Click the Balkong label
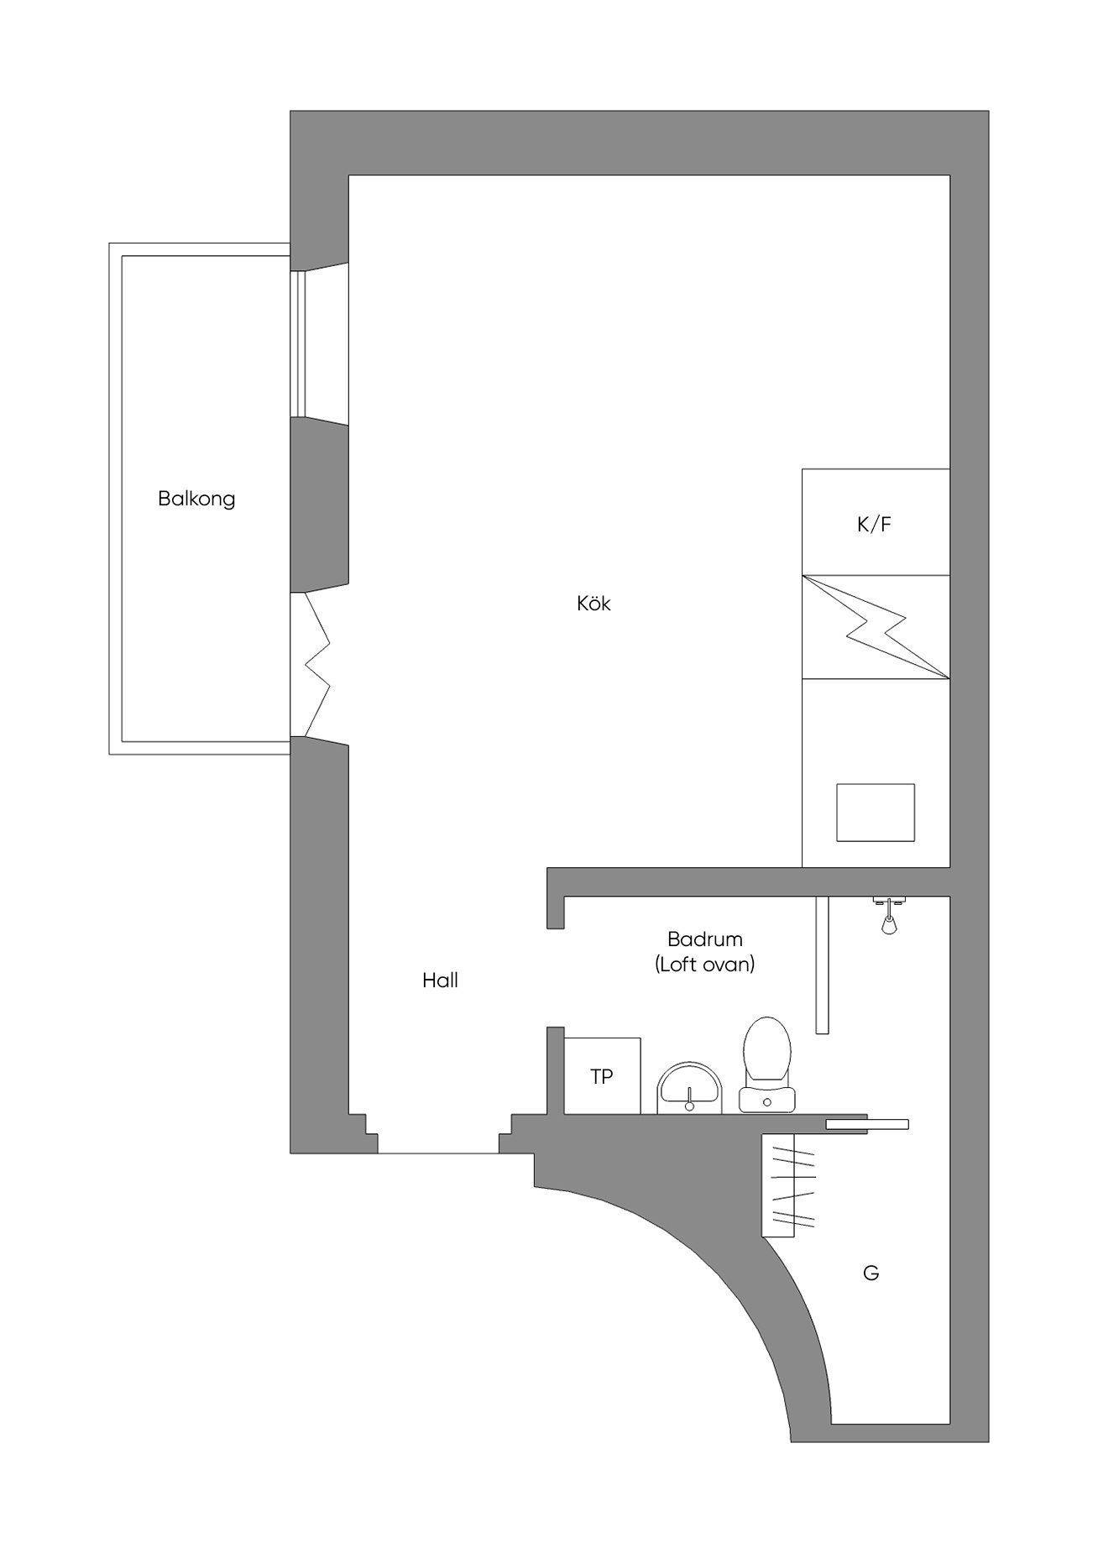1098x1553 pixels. pos(196,499)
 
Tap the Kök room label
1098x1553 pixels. pos(593,603)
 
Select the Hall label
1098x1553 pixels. pos(440,980)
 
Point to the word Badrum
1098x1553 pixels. pos(705,939)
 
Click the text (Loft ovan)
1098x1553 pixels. pos(705,965)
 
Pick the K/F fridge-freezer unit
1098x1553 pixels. pos(876,522)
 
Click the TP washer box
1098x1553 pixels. pos(602,1076)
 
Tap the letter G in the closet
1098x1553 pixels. pos(871,1273)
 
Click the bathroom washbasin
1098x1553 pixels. pos(689,1089)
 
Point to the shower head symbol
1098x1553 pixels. pos(888,916)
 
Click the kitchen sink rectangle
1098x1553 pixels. pos(876,812)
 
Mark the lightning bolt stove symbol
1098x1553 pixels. pos(876,627)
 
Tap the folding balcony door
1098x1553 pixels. pos(317,665)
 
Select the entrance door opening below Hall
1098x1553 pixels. pos(438,1153)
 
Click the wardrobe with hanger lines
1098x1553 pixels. pos(788,1184)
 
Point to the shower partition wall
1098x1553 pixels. pos(823,965)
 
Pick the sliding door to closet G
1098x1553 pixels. pos(867,1125)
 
